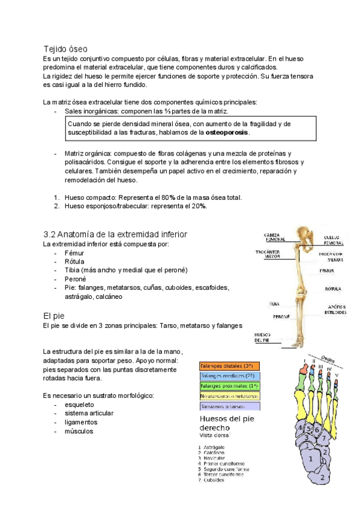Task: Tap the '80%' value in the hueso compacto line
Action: [168, 197]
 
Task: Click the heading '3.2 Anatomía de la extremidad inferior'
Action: [116, 234]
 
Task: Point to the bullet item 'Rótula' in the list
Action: [74, 262]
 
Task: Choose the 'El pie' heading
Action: [54, 315]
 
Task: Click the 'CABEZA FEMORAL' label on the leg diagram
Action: [275, 236]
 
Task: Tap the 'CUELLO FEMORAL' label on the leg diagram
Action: [334, 240]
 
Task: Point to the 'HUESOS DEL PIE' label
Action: [262, 337]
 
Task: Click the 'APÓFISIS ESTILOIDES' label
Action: [335, 310]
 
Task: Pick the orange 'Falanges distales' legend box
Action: [229, 366]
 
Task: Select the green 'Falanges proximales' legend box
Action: [229, 386]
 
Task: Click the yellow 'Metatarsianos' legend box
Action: [229, 396]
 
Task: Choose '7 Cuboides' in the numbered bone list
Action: [215, 480]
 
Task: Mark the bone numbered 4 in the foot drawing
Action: [300, 429]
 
